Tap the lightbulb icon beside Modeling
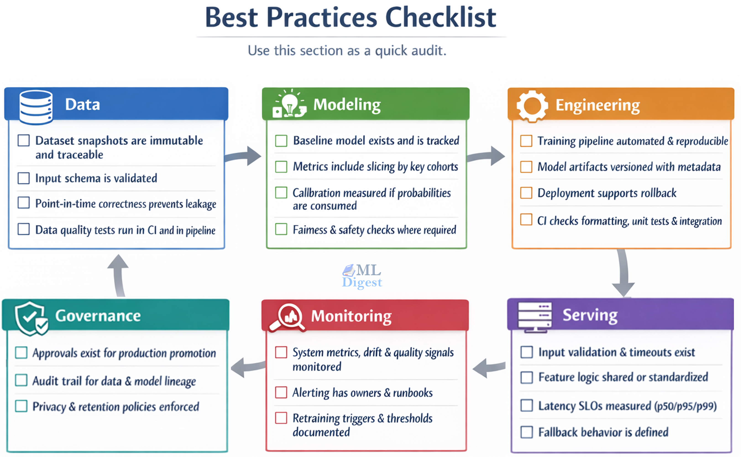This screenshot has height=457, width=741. [289, 104]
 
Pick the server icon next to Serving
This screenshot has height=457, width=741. [535, 316]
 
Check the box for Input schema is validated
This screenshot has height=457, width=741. [24, 178]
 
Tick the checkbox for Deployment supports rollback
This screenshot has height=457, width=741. [526, 193]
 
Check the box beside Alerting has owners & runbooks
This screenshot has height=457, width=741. [281, 392]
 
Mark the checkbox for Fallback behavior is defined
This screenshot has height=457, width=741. [526, 432]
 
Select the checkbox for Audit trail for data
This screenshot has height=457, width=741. [21, 380]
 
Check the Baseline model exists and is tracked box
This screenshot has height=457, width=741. [281, 141]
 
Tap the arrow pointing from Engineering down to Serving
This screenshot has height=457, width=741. [623, 273]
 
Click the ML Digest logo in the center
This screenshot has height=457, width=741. [362, 276]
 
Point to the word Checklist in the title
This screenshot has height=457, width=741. [440, 18]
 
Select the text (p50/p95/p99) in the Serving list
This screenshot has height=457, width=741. [685, 406]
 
